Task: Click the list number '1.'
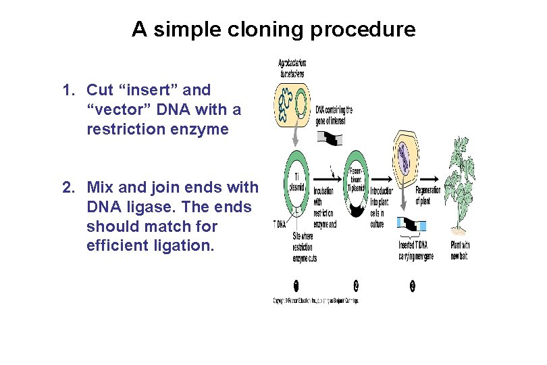point(68,90)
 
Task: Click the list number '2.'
point(68,187)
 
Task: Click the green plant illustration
point(463,193)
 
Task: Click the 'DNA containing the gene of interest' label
point(334,115)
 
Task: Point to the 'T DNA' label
point(279,223)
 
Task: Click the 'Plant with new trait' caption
point(459,250)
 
